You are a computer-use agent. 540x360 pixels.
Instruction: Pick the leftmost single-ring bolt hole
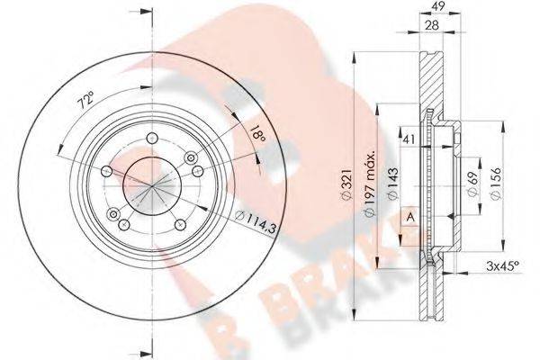click(107, 172)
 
